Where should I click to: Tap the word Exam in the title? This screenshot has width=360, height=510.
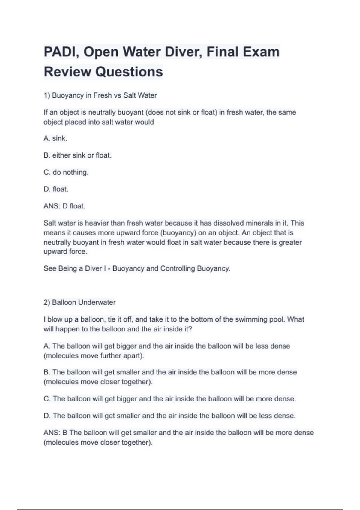pyautogui.click(x=261, y=52)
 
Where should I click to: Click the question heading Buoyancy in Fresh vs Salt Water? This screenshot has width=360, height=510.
pyautogui.click(x=100, y=95)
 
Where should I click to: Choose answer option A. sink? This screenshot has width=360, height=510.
pyautogui.click(x=55, y=138)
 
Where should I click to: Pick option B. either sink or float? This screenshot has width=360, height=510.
pyautogui.click(x=77, y=155)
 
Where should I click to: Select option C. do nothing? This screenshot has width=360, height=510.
pyautogui.click(x=66, y=172)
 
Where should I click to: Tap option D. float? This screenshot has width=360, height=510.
pyautogui.click(x=56, y=189)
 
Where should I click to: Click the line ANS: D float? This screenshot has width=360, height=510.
pyautogui.click(x=64, y=206)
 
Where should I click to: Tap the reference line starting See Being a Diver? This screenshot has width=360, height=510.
pyautogui.click(x=137, y=268)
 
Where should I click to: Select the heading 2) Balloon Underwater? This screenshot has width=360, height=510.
pyautogui.click(x=79, y=302)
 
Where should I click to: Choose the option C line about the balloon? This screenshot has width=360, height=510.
pyautogui.click(x=170, y=399)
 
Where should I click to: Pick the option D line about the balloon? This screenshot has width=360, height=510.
pyautogui.click(x=170, y=416)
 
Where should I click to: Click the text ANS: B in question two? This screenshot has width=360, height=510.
pyautogui.click(x=55, y=433)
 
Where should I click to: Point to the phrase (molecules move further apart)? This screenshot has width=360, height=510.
pyautogui.click(x=94, y=356)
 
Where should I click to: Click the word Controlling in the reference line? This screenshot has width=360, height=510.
pyautogui.click(x=177, y=268)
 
